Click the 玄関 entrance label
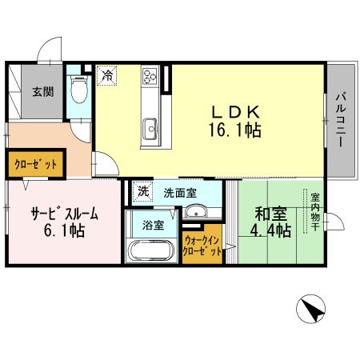coord(43,90)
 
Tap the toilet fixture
coord(78,90)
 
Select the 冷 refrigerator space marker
coord(107,76)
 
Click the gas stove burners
coord(150,77)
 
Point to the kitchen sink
coord(150,127)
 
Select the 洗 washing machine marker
coord(142,192)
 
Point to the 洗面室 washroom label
coord(179,193)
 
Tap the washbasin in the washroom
coord(195,212)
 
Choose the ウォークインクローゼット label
coord(202,245)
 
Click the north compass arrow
coord(314,308)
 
